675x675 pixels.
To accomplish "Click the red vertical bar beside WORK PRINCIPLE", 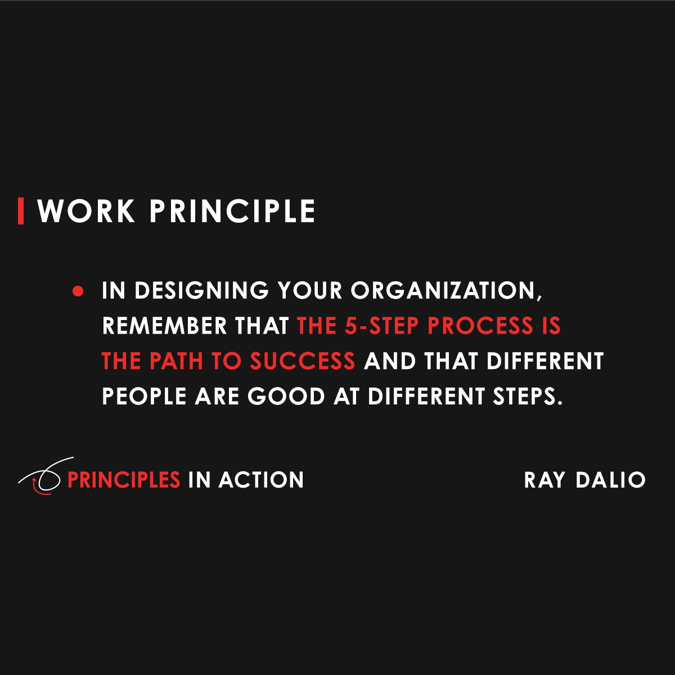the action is pos(21,211).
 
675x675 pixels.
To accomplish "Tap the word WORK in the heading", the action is pos(86,211).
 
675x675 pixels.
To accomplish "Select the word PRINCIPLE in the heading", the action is pos(232,211).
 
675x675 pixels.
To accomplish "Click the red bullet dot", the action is pos(78,291).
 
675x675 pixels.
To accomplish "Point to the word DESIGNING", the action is pos(201,290).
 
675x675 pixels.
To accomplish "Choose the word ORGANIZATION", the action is pos(446,291).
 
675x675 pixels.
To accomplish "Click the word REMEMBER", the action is pos(164,326).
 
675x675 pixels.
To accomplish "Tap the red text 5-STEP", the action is pos(382,326).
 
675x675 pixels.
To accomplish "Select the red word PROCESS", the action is pos(480,326).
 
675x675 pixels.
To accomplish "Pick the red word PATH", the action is pos(176,361).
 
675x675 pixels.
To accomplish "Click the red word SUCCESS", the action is pos(303,361).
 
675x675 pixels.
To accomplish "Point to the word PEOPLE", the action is pos(144,396).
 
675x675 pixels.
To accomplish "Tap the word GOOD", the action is pos(286,396).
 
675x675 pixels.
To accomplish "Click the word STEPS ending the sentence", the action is pos(528,396).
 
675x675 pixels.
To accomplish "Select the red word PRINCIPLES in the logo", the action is pos(124,480).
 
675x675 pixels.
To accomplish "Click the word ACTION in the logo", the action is pos(261,480).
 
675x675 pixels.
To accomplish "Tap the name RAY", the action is pos(544,480).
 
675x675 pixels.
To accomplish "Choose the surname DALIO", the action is pos(610,480).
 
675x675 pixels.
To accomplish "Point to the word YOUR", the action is pos(309,290).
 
